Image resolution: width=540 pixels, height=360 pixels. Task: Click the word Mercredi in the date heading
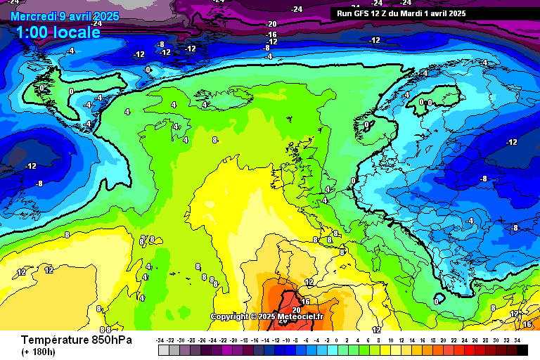[x=34, y=15]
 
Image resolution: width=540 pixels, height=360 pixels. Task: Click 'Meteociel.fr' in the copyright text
[x=301, y=316]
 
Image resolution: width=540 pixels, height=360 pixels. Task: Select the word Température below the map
[x=56, y=340]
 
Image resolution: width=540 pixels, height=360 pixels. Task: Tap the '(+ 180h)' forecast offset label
[x=38, y=352]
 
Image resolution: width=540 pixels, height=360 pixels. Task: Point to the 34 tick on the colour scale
[x=517, y=340]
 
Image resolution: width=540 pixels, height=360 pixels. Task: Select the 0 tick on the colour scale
[x=337, y=340]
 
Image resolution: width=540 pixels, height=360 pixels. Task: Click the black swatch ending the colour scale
[x=522, y=349]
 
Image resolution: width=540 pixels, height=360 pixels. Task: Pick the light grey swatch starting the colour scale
[x=163, y=349]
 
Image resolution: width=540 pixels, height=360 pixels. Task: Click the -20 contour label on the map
[x=271, y=24]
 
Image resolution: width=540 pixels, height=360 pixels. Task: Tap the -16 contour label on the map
[x=271, y=34]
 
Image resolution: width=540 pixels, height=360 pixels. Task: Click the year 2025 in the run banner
[x=456, y=13]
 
